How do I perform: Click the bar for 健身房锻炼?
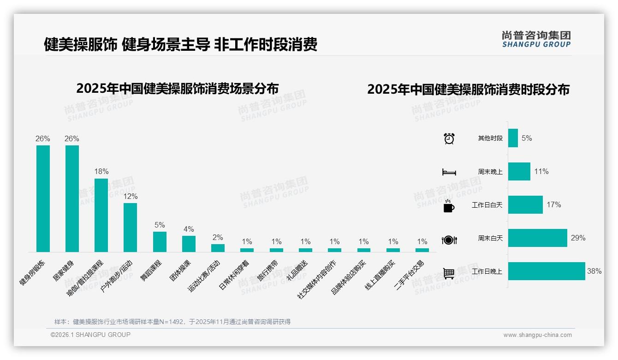(43, 198)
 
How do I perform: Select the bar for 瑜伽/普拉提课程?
(101, 215)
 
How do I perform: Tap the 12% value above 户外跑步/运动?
(131, 196)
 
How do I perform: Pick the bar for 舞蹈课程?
(160, 241)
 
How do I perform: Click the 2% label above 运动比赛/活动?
(218, 237)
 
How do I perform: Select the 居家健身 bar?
(72, 198)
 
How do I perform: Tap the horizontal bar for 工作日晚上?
(546, 271)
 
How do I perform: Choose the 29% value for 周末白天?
(578, 238)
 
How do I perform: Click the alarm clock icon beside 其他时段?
(449, 138)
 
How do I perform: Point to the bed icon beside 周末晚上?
(449, 172)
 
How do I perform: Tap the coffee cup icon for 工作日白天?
(449, 205)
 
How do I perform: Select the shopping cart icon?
(449, 273)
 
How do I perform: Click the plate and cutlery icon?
(449, 240)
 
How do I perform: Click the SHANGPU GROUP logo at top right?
(536, 39)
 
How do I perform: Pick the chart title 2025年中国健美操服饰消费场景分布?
(178, 88)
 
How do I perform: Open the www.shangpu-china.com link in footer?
(537, 335)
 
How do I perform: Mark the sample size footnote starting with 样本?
(172, 322)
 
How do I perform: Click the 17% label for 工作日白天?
(554, 204)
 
